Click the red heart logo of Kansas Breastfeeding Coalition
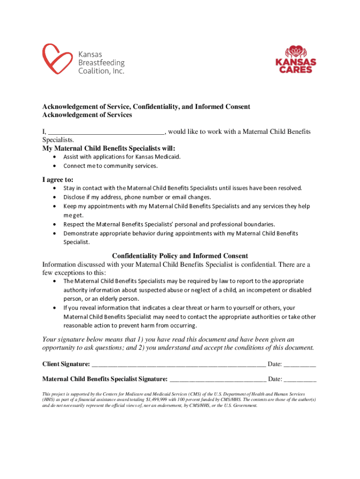click(x=56, y=59)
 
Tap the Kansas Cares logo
click(x=295, y=59)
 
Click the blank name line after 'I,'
click(x=107, y=132)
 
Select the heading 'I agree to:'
click(x=58, y=180)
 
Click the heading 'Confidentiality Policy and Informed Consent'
click(x=180, y=256)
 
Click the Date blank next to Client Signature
click(x=300, y=364)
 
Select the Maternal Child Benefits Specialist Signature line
click(x=218, y=379)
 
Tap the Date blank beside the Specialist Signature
click(x=300, y=379)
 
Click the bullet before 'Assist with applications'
click(x=55, y=157)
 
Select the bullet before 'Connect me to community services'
click(x=55, y=166)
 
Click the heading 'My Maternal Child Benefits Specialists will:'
click(x=109, y=148)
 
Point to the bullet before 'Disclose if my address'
click(x=55, y=197)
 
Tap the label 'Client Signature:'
click(x=66, y=364)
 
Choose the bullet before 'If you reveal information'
click(x=55, y=308)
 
